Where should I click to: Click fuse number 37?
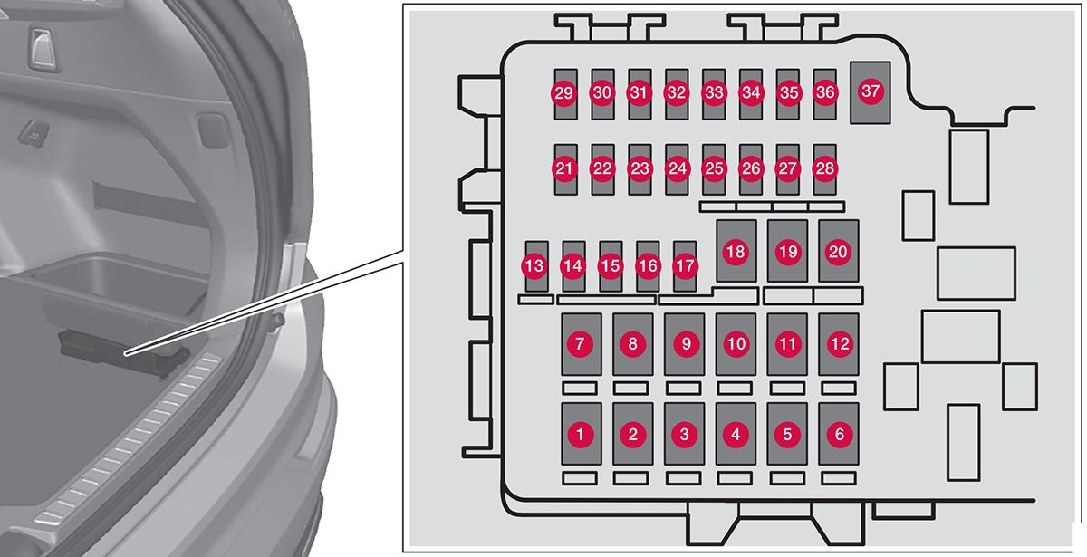click(871, 92)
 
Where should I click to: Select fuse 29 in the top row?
click(564, 93)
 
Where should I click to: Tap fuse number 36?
click(824, 93)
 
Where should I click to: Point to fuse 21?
click(565, 168)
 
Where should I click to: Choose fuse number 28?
click(823, 168)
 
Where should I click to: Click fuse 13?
click(535, 266)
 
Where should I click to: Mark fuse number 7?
click(581, 344)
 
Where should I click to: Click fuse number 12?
click(838, 344)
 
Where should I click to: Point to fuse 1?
click(581, 434)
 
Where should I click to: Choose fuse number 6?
click(838, 434)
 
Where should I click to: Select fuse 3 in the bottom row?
click(684, 434)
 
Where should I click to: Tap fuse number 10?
click(736, 344)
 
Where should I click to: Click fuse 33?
click(714, 93)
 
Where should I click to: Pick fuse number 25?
click(714, 168)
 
